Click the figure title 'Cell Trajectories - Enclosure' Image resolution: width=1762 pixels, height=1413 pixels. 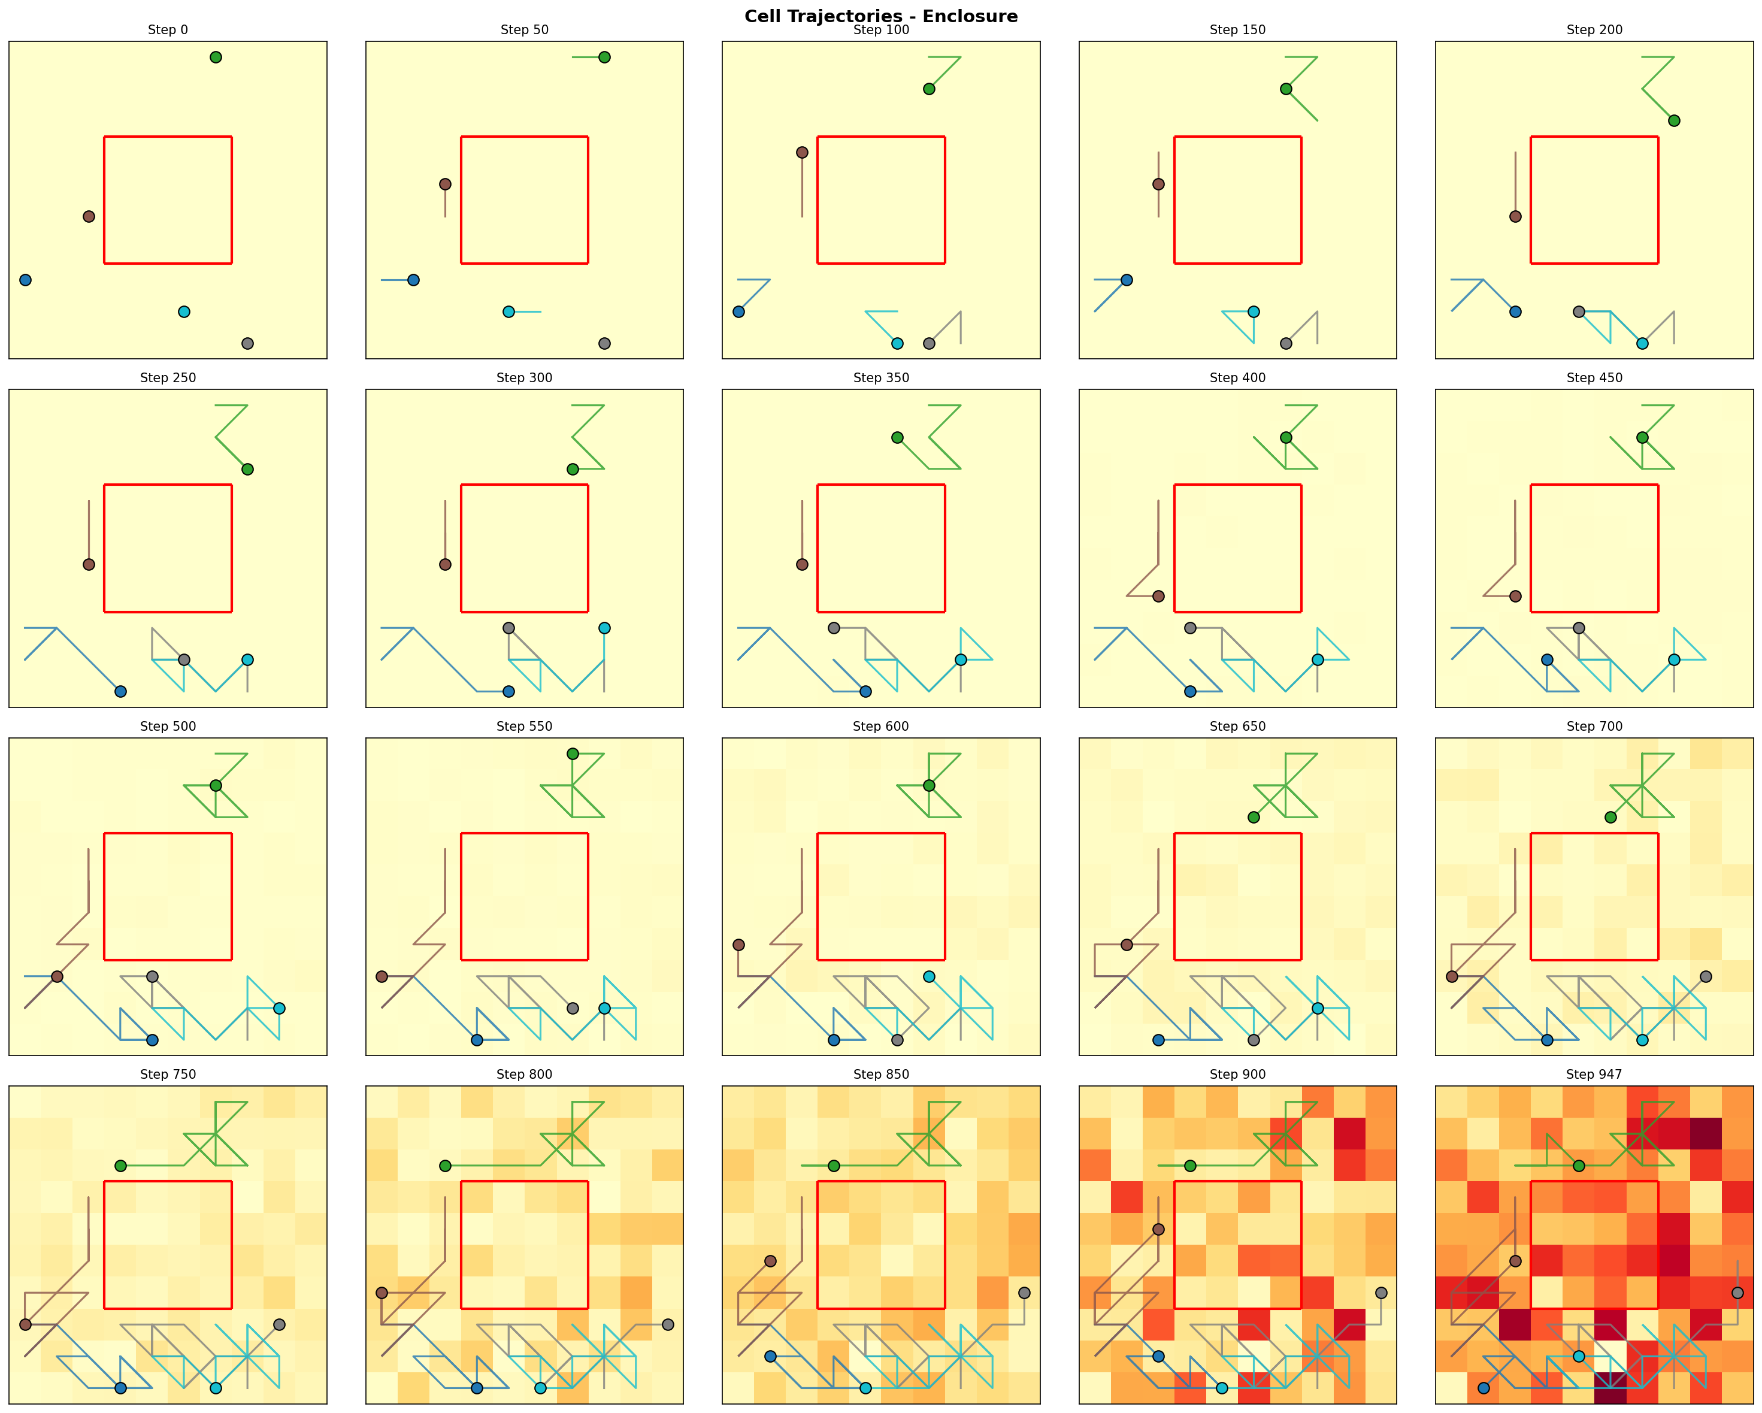(x=880, y=16)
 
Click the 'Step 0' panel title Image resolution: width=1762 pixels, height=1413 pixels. (x=168, y=30)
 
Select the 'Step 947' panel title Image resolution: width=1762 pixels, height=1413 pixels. (x=1594, y=1075)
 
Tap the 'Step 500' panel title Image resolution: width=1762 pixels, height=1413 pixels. (x=168, y=727)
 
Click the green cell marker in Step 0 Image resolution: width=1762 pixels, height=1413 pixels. (x=216, y=58)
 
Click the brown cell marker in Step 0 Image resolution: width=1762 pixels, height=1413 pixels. (x=89, y=217)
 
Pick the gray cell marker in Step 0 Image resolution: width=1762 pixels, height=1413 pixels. (x=247, y=343)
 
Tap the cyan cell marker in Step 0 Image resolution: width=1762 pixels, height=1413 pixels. (x=184, y=311)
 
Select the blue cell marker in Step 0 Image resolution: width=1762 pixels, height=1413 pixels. (x=25, y=280)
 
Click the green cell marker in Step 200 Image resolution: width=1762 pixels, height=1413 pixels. (x=1674, y=121)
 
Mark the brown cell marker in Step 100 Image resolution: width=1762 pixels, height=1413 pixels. (x=802, y=153)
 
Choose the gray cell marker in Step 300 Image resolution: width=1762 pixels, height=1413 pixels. (x=508, y=628)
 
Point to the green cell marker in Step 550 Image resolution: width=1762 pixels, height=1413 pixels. (x=572, y=754)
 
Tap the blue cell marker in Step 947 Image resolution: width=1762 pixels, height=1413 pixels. (x=1484, y=1388)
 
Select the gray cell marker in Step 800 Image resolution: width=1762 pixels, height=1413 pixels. (x=668, y=1325)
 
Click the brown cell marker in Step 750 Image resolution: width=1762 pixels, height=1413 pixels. (x=25, y=1325)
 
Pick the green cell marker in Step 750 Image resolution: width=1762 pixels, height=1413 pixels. (x=121, y=1166)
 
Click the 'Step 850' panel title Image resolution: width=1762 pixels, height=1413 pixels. (x=880, y=1075)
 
